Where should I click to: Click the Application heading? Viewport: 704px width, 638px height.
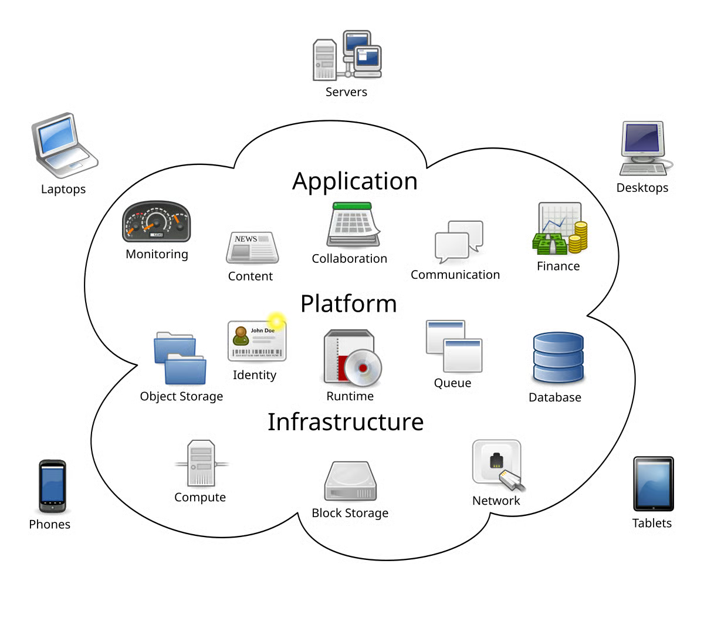(355, 182)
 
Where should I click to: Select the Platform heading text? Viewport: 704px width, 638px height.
(348, 304)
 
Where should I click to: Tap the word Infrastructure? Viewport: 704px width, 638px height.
(346, 422)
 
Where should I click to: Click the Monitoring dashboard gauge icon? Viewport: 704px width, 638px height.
(156, 222)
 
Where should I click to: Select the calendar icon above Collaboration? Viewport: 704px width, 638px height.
(353, 225)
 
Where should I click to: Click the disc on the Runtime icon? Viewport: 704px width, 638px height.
(363, 368)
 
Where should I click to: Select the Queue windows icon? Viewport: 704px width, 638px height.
(453, 346)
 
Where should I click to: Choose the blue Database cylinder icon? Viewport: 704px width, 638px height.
(558, 358)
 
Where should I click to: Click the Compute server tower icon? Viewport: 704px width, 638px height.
(201, 464)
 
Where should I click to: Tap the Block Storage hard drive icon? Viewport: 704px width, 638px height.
(350, 481)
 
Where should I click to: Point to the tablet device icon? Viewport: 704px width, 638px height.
(653, 485)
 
